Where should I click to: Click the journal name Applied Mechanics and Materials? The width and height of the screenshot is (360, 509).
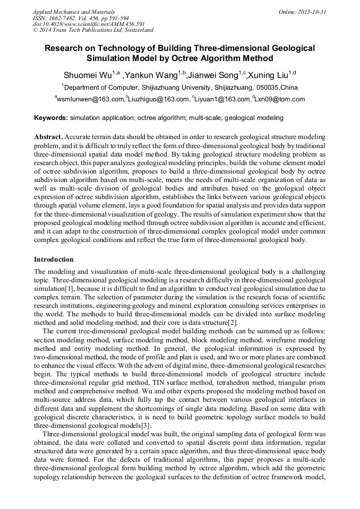click(74, 12)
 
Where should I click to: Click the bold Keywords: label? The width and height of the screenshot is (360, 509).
click(51, 117)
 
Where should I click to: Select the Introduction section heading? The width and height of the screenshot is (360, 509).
click(54, 260)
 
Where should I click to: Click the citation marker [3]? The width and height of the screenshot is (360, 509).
click(145, 425)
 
